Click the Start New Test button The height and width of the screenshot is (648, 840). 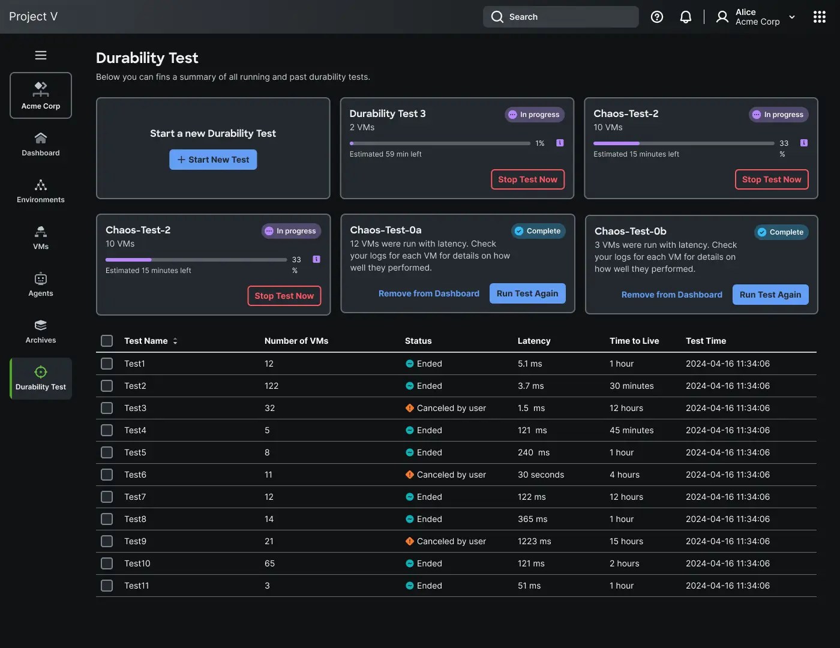click(x=213, y=160)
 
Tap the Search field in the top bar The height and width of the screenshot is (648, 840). click(x=560, y=17)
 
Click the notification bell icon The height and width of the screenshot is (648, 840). click(x=685, y=17)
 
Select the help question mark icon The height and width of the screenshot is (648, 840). click(x=657, y=17)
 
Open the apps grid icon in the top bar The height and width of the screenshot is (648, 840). click(x=819, y=17)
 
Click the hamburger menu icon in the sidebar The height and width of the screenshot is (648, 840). click(x=41, y=55)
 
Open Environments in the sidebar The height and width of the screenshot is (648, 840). click(x=41, y=191)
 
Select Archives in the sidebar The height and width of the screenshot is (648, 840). click(x=41, y=331)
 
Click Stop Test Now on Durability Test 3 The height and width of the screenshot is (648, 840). click(x=527, y=179)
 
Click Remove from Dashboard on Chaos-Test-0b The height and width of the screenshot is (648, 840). click(x=672, y=295)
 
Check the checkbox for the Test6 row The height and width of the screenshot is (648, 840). click(x=107, y=475)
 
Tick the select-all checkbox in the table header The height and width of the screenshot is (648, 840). click(x=107, y=341)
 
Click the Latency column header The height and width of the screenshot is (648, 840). click(x=534, y=341)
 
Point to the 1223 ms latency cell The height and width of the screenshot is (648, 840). click(x=534, y=541)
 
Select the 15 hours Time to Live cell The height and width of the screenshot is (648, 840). click(x=626, y=541)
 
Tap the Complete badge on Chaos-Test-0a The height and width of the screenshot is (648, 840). click(x=538, y=230)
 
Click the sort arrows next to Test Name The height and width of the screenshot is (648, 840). click(x=175, y=341)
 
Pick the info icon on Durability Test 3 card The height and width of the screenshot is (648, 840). click(x=560, y=143)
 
